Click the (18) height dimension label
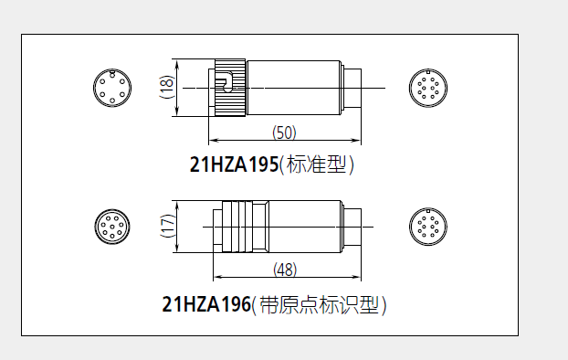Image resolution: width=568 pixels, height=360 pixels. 166,88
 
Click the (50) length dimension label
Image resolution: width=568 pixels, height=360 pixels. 285,132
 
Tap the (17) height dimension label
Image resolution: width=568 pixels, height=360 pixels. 166,226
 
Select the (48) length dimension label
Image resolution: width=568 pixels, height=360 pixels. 285,270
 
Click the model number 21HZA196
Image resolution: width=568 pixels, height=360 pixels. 205,305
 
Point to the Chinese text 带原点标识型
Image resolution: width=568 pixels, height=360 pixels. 320,305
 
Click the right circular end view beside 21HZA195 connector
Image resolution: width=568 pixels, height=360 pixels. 426,88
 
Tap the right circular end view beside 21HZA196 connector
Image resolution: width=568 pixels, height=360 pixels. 426,226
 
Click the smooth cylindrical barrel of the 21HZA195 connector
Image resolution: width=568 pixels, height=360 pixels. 292,88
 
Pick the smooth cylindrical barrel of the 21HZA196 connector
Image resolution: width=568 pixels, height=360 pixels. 306,226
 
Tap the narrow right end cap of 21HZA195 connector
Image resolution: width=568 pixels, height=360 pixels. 352,88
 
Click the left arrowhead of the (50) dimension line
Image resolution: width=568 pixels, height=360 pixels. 213,142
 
